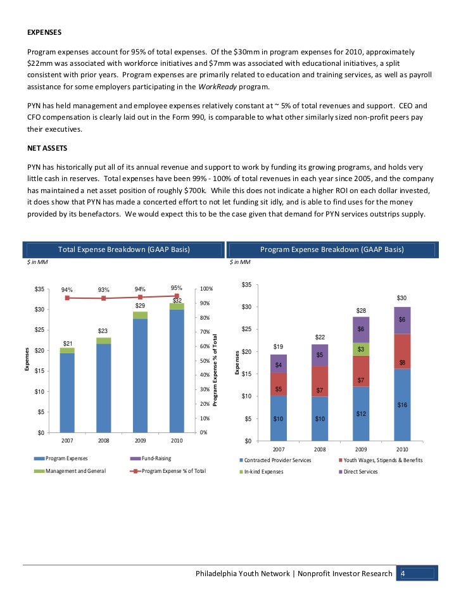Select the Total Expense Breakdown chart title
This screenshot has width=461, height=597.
[x=123, y=249]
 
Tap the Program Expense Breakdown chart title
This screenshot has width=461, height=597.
[x=332, y=249]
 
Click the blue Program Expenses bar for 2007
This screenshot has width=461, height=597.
[x=67, y=393]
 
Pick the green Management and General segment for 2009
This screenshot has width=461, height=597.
[x=140, y=315]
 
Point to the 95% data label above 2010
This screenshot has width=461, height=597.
[x=177, y=289]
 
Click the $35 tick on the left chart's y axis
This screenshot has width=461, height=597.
[x=39, y=289]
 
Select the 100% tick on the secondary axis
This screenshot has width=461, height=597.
[x=206, y=289]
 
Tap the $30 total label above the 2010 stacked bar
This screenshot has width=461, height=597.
[x=401, y=298]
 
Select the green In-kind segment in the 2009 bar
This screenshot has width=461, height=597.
[x=360, y=349]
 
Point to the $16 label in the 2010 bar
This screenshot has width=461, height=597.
[x=401, y=404]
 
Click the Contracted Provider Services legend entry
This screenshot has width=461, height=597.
[x=277, y=460]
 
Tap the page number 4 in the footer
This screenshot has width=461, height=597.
[x=403, y=574]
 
